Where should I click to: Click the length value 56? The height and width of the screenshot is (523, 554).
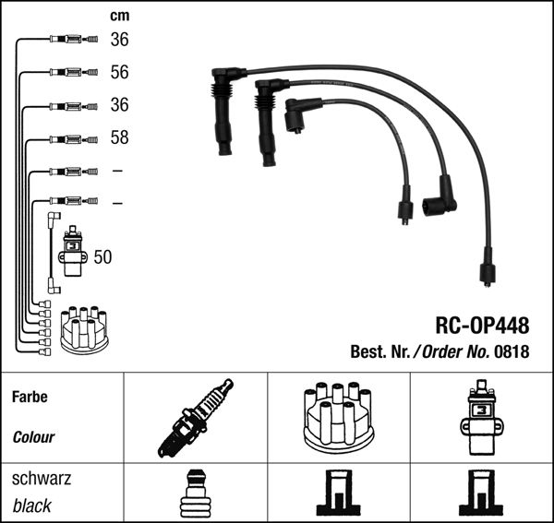pos(119,72)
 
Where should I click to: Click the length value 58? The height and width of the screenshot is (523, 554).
pos(119,138)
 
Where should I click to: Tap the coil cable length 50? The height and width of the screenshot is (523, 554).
pos(102,257)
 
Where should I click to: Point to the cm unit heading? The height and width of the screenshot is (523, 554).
pos(119,16)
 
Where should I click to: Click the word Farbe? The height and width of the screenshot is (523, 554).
pos(30,398)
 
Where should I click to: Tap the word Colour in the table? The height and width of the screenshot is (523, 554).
pos(34,437)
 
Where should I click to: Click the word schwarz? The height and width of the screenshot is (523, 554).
pos(42,479)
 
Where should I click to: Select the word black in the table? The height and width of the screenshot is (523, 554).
pos(32,505)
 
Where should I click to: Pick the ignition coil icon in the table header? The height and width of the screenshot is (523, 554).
pos(480,420)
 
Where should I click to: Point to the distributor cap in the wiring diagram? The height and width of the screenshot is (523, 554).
pos(84,328)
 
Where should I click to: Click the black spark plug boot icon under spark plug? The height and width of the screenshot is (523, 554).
pos(195,495)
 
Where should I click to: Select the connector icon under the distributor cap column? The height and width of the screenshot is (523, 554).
pos(336,495)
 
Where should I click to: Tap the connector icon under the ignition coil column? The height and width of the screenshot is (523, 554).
pos(480,495)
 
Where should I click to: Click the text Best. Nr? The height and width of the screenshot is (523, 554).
pos(380,351)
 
